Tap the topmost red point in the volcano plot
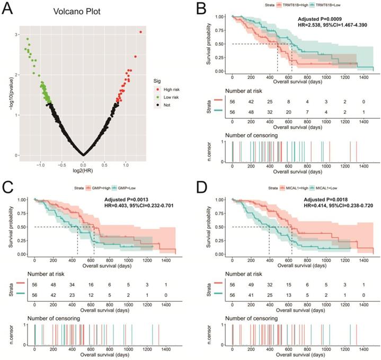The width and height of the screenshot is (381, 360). [140, 32]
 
